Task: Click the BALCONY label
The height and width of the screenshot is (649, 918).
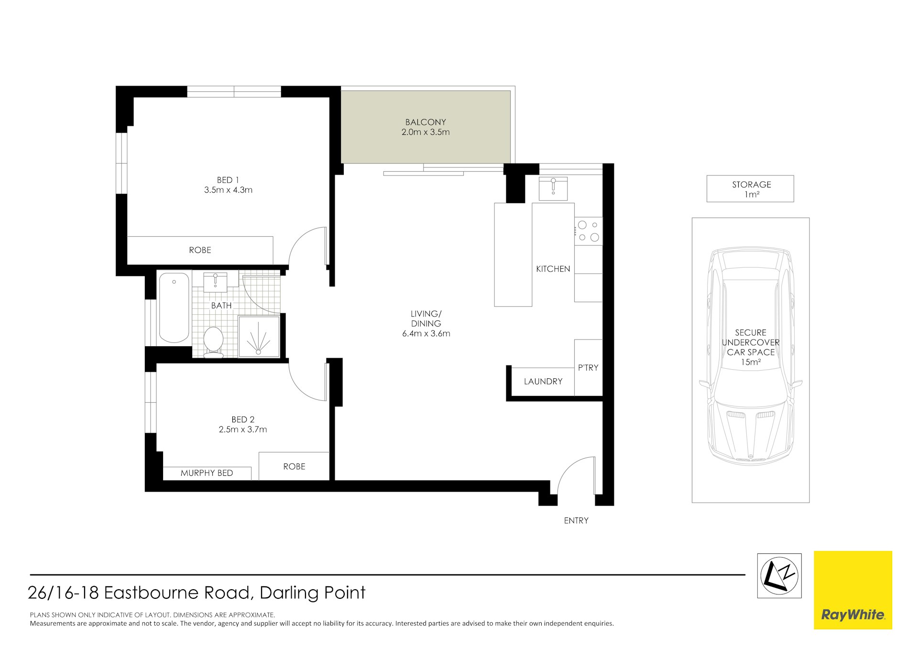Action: (425, 122)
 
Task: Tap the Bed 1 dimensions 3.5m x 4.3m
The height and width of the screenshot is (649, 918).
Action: (228, 190)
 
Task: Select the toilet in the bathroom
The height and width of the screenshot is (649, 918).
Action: (213, 341)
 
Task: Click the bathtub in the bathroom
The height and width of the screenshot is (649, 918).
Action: (174, 307)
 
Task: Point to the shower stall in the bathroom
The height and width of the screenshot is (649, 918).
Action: (259, 337)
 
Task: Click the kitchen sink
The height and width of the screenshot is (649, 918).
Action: (553, 188)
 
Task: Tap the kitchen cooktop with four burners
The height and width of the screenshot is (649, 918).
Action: (589, 231)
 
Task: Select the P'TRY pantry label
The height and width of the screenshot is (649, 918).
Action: (588, 367)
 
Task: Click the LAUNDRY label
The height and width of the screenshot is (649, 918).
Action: (543, 381)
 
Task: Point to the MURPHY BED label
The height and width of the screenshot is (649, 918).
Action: (207, 473)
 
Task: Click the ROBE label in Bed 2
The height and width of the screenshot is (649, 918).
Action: (294, 466)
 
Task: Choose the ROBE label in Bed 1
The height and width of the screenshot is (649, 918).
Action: (200, 250)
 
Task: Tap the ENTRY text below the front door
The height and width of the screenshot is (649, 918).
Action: (576, 520)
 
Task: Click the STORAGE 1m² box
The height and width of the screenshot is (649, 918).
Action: (751, 189)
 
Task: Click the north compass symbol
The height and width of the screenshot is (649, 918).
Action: (779, 576)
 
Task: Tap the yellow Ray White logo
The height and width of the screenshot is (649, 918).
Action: (853, 590)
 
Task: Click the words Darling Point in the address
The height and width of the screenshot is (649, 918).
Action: (312, 593)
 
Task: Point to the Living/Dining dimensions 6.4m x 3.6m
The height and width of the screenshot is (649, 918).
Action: (426, 333)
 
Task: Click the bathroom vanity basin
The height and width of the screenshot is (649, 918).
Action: (215, 281)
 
